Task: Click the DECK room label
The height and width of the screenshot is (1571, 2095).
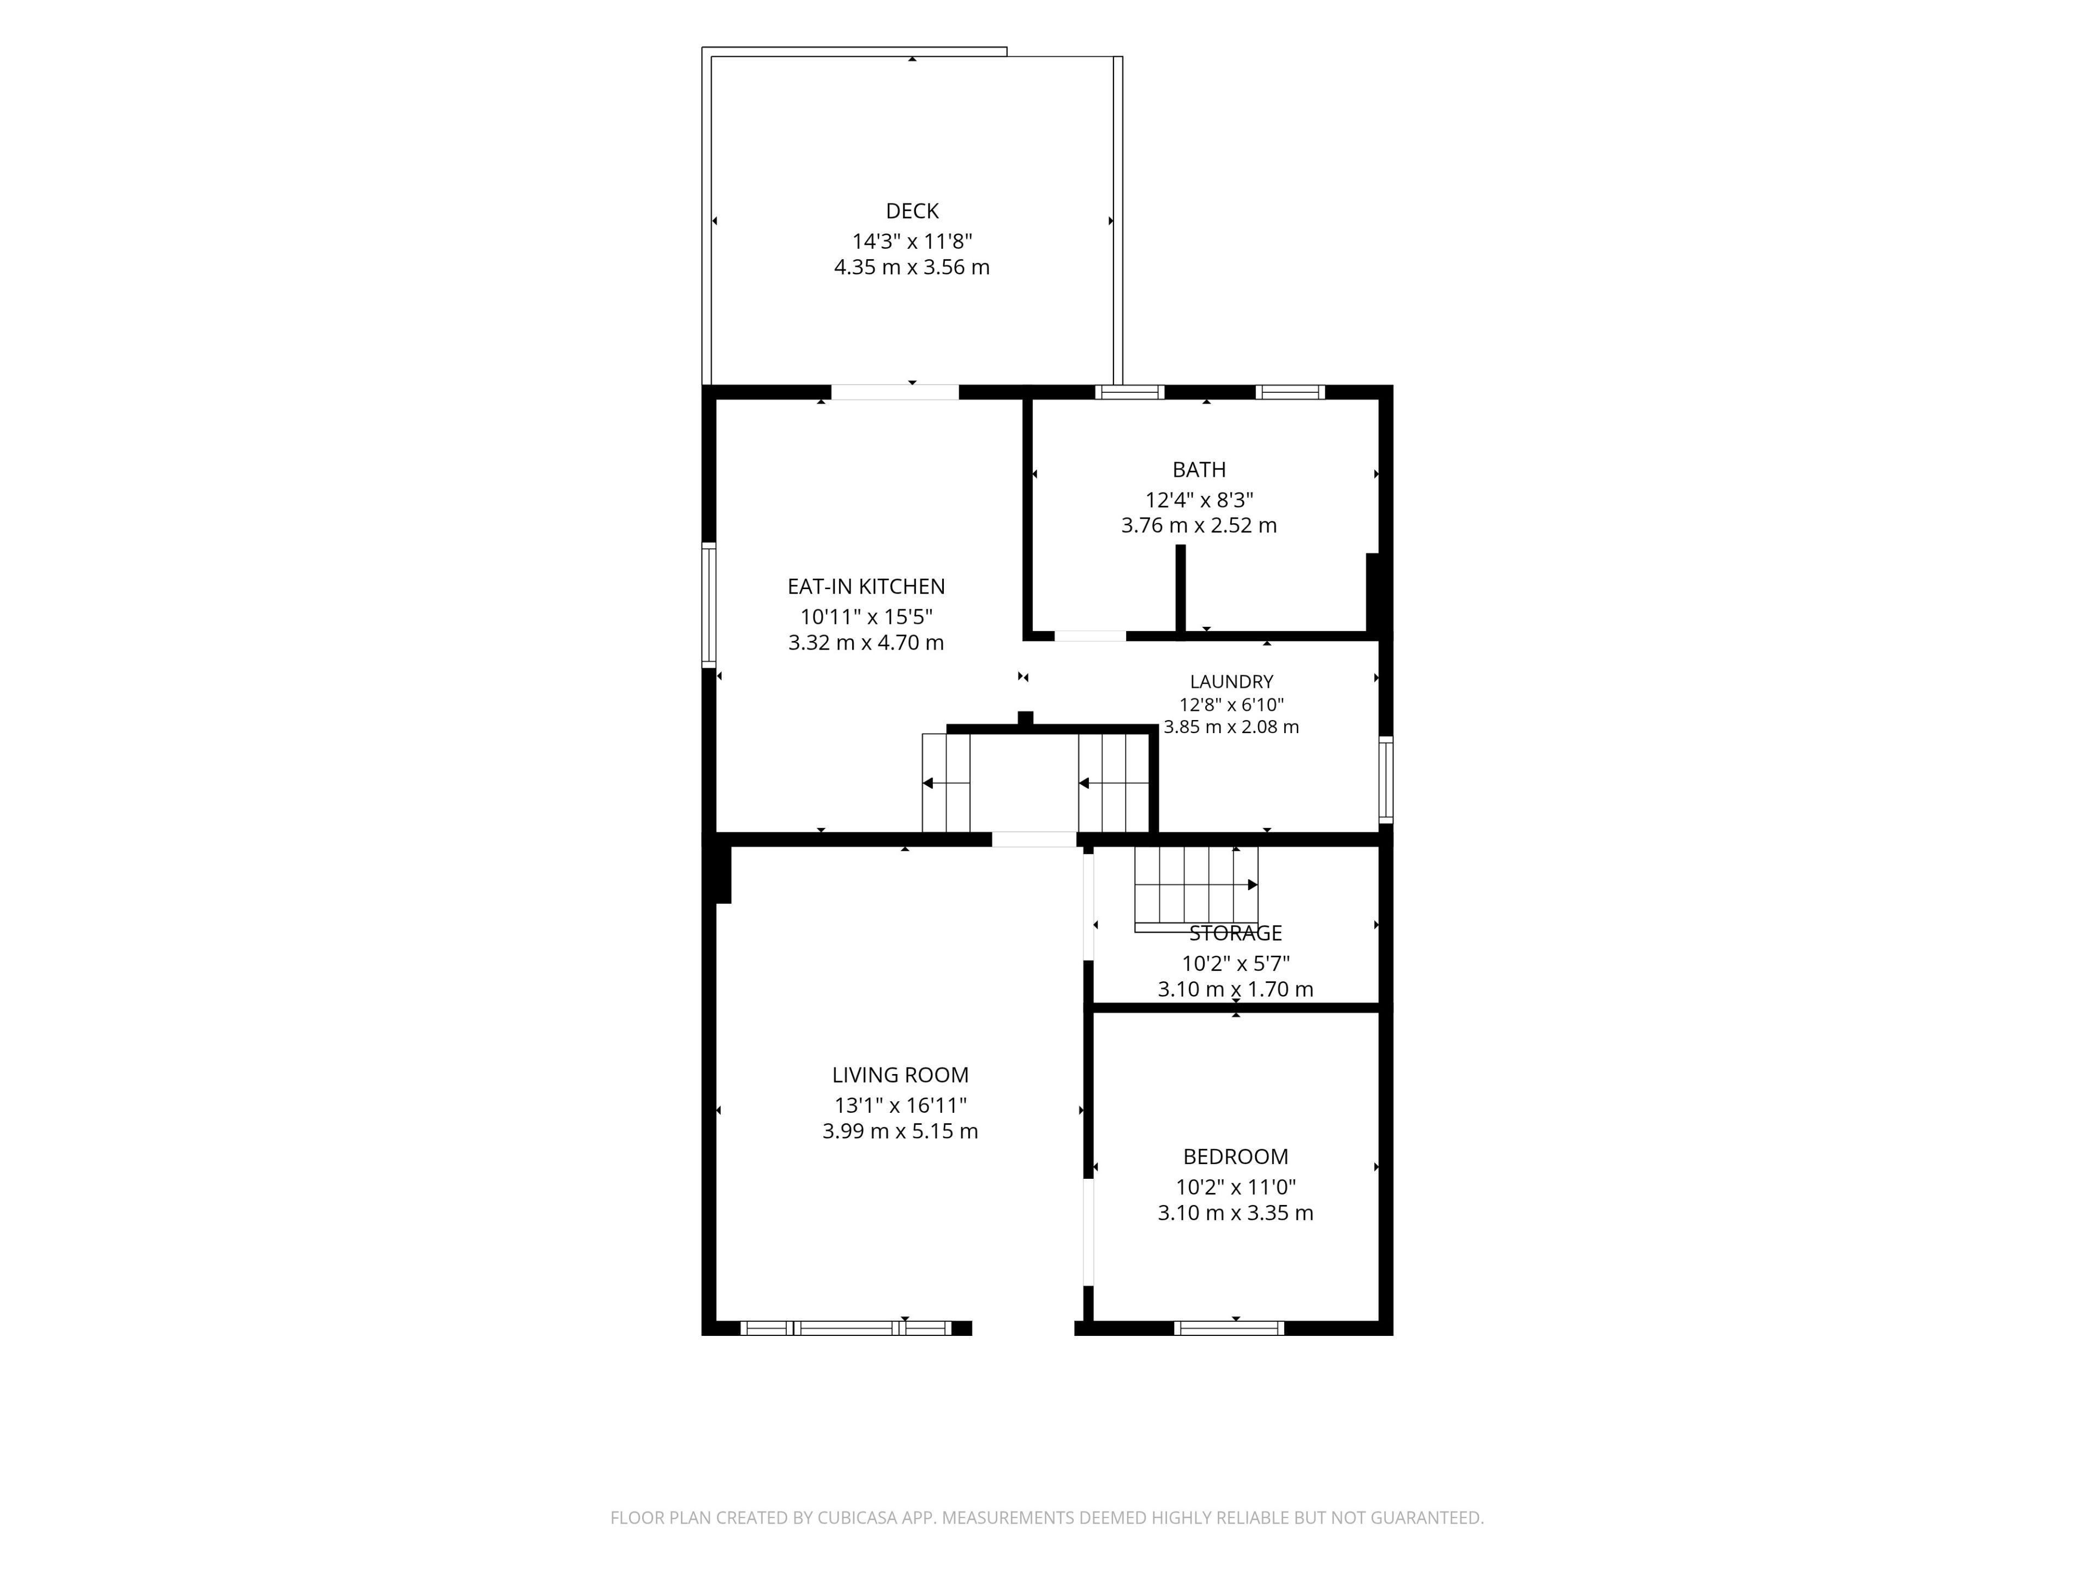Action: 912,211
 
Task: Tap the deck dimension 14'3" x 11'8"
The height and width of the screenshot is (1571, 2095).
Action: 912,242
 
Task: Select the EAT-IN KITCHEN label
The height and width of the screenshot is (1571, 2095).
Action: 866,587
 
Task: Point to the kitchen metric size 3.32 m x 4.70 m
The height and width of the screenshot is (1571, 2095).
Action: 866,643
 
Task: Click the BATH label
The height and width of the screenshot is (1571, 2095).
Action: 1199,470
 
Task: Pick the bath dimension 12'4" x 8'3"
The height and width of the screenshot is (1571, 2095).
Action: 1199,500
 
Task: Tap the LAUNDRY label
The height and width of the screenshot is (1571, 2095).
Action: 1231,682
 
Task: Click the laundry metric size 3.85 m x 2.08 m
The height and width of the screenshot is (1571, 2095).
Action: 1231,727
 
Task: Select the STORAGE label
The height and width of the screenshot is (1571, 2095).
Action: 1236,934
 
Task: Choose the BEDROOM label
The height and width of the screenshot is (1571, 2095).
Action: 1236,1157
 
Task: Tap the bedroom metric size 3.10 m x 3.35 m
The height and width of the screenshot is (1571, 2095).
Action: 1236,1213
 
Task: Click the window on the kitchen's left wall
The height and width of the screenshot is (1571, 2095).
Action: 709,604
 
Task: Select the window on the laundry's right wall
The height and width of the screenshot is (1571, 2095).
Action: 1386,778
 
